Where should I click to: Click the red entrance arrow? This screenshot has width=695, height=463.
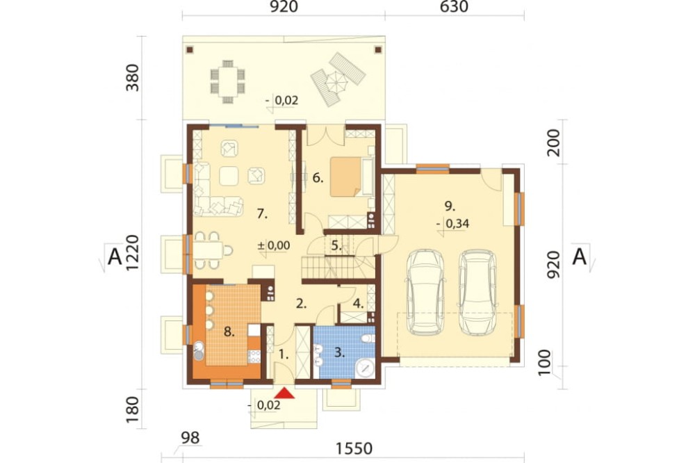pos(285,393)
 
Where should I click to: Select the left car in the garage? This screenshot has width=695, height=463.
pos(426,293)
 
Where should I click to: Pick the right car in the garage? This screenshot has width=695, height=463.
pos(477,293)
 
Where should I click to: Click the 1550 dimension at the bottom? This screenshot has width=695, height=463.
pos(354,448)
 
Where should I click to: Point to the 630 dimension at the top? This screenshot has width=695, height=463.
pos(455,7)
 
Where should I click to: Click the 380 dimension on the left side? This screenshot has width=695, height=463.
pos(133,78)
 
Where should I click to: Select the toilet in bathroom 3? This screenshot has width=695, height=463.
pos(368,339)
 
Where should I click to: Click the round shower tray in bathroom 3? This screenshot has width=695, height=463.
pos(366,368)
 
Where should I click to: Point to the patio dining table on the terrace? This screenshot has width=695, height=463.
pos(227,82)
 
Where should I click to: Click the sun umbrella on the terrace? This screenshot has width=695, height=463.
pos(337,81)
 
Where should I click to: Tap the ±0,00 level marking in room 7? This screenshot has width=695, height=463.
pos(274,245)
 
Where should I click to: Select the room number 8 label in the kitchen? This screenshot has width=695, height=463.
pos(229,332)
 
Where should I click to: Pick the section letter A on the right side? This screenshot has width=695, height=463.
pos(580,257)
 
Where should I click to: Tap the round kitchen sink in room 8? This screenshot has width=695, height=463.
pos(199,346)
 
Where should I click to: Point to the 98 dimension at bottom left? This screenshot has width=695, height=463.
pos(190,438)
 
